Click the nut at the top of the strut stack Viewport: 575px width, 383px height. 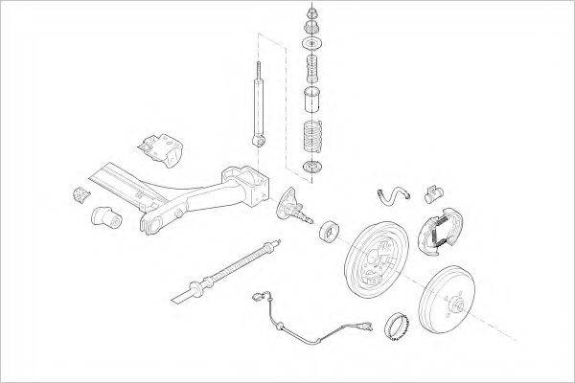pos(311,13)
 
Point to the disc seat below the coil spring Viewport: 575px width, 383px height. pos(310,169)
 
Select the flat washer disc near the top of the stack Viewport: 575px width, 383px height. pos(311,44)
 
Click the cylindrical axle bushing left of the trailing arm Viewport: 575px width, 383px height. pos(106,217)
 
